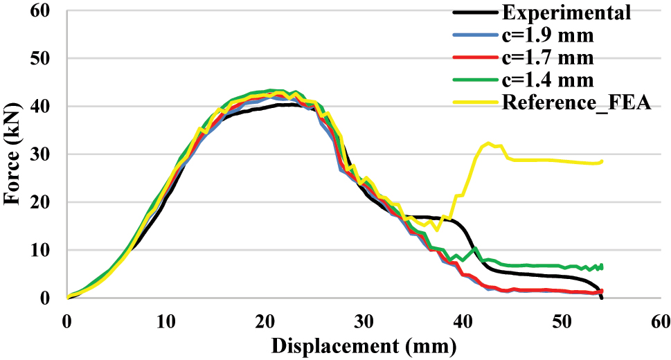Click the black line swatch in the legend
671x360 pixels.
474,12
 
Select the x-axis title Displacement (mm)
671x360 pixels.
364,345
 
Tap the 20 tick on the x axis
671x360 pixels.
265,321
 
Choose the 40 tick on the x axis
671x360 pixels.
463,321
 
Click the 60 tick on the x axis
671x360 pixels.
660,321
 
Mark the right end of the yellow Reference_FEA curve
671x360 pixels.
602,161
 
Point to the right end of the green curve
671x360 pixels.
602,267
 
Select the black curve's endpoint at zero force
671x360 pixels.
601,298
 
